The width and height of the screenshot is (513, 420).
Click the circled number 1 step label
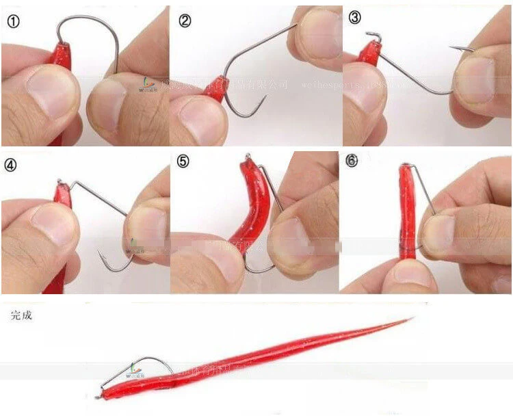14,21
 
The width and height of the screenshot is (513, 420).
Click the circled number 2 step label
185,21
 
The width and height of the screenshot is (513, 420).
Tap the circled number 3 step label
354,18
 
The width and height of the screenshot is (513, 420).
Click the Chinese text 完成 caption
22,315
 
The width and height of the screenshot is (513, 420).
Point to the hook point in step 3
453,47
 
